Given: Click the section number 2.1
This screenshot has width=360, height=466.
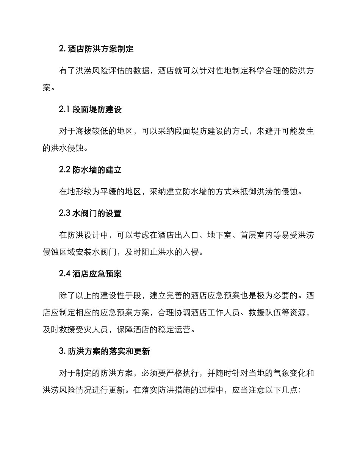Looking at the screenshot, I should point(64,109).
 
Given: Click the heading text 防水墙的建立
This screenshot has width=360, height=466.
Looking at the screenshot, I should point(97,170).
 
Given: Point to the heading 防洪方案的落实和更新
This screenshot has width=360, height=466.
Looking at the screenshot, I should point(109,351).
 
